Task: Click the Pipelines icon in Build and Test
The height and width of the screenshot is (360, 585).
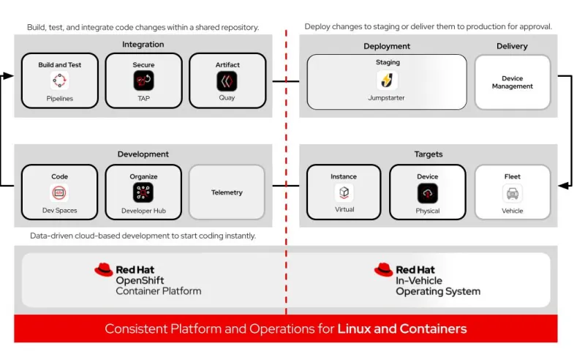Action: (59, 80)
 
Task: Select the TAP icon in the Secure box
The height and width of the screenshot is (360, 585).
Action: (143, 80)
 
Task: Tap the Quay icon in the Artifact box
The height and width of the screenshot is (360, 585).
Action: (227, 80)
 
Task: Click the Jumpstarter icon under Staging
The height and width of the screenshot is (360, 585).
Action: (387, 80)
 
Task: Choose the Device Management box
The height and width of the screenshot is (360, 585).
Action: (512, 82)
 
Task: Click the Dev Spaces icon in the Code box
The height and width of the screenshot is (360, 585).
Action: (59, 193)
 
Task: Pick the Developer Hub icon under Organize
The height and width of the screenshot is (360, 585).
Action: (143, 193)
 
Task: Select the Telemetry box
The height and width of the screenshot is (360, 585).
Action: (227, 192)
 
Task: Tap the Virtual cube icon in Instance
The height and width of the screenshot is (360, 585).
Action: (344, 193)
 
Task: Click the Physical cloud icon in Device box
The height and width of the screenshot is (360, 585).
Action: (428, 193)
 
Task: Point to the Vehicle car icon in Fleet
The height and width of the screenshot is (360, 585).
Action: (512, 193)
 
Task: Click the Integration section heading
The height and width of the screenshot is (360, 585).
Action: (143, 45)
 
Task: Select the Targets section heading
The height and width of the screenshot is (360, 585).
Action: (428, 154)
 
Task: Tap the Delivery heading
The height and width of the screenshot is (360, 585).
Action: (512, 46)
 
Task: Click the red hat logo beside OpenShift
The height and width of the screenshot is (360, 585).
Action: (104, 270)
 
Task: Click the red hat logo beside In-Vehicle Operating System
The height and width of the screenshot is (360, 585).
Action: (383, 270)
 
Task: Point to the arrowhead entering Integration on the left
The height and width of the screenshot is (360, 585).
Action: (9, 75)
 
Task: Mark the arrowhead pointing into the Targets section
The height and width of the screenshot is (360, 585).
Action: (563, 186)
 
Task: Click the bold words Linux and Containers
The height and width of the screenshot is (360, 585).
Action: (401, 329)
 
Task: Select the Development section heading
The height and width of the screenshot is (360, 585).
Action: (143, 154)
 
